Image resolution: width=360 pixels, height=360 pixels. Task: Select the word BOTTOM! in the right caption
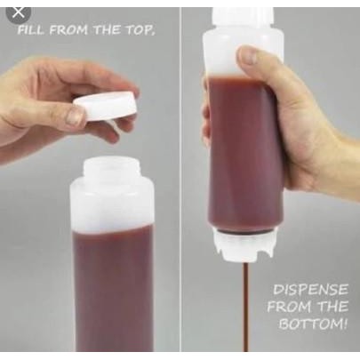pyautogui.click(x=312, y=324)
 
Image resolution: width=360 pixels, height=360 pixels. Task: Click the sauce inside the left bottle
pyautogui.click(x=112, y=284)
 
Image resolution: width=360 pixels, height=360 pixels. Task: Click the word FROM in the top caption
pyautogui.click(x=69, y=30)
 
